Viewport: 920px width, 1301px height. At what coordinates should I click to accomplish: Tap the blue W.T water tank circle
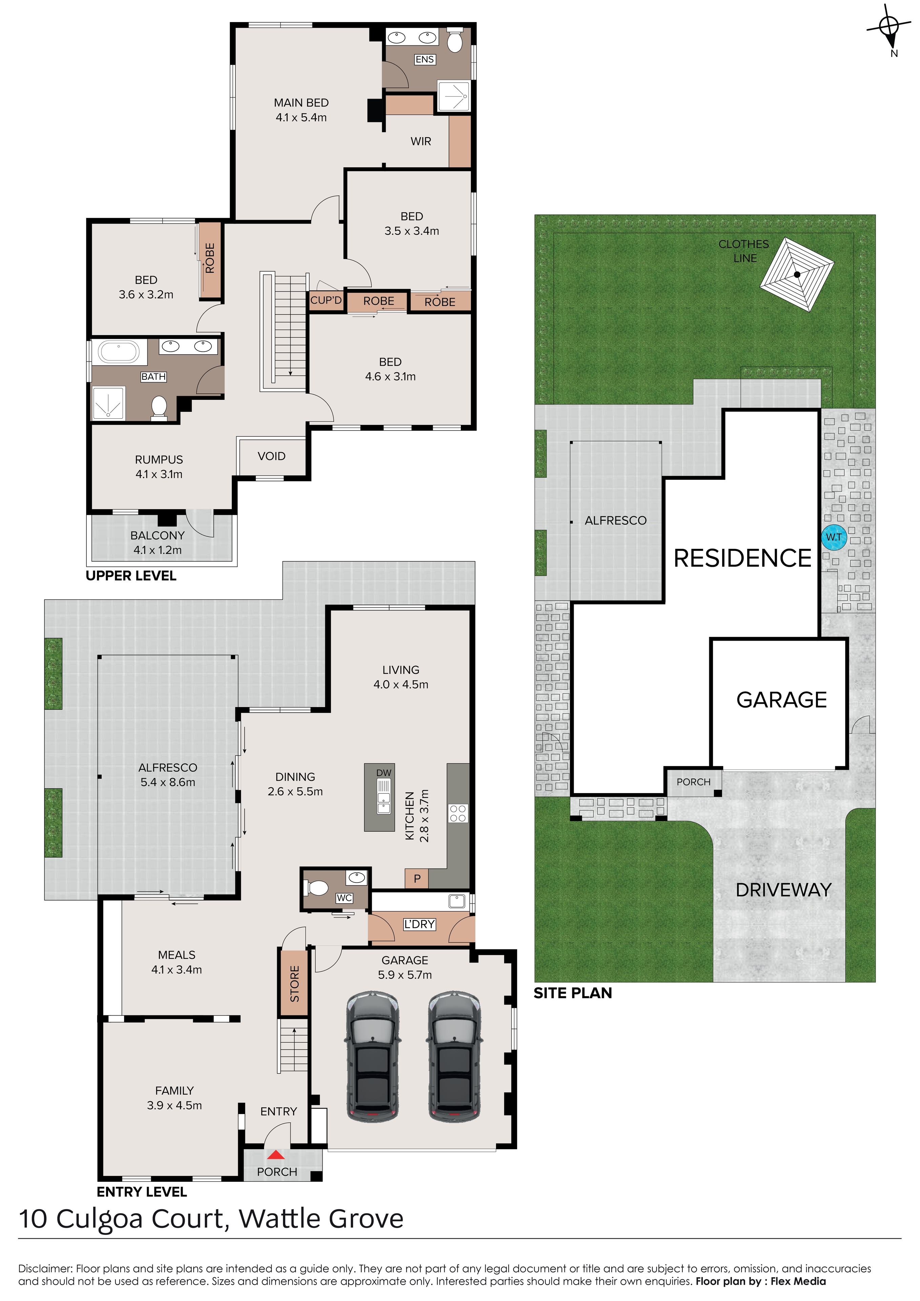[x=834, y=537]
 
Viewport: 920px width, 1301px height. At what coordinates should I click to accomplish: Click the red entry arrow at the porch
[x=276, y=1154]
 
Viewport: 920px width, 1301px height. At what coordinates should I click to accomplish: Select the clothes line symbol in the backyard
[x=797, y=274]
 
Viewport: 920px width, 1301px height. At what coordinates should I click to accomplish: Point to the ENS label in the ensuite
[x=425, y=60]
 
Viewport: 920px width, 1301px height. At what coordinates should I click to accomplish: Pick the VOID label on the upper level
[x=271, y=456]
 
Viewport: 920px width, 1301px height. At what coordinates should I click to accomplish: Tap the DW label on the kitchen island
[x=384, y=773]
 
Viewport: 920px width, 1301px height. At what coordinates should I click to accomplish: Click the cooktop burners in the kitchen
[x=458, y=813]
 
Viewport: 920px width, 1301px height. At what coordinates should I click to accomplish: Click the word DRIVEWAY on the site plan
[x=783, y=890]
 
